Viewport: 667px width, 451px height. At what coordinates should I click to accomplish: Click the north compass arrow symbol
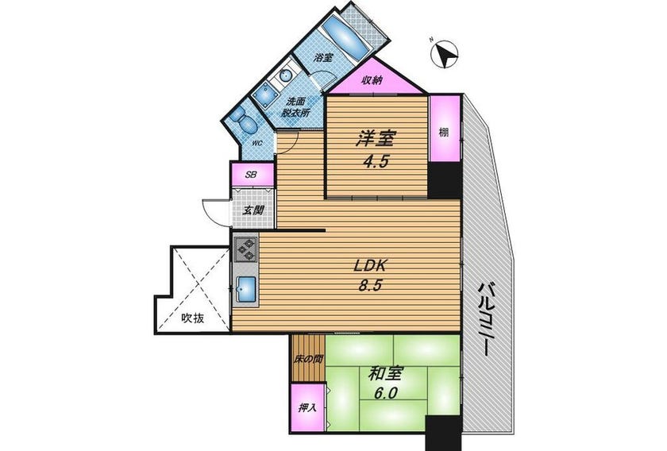(x=444, y=54)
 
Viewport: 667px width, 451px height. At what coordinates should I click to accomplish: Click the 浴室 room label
(x=323, y=57)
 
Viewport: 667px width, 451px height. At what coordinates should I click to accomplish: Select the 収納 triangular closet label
(x=372, y=80)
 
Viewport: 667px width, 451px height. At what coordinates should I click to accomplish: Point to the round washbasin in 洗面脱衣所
(x=285, y=75)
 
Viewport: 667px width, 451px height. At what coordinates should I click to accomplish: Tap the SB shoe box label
(x=252, y=174)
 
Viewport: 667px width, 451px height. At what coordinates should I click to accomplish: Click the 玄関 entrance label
(x=253, y=210)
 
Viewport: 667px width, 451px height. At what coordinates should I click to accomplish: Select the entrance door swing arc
(x=213, y=210)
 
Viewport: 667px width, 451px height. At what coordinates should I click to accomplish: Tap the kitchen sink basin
(x=245, y=289)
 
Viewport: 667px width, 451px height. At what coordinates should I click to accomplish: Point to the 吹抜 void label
(x=193, y=318)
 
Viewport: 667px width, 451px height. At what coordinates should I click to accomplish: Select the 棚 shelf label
(x=444, y=133)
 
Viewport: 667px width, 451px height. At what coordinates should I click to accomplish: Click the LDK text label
(x=370, y=266)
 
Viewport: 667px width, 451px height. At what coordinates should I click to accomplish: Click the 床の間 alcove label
(x=308, y=359)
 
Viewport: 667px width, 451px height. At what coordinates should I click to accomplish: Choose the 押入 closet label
(x=307, y=407)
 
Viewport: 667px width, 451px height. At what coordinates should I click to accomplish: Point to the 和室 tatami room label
(x=385, y=375)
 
